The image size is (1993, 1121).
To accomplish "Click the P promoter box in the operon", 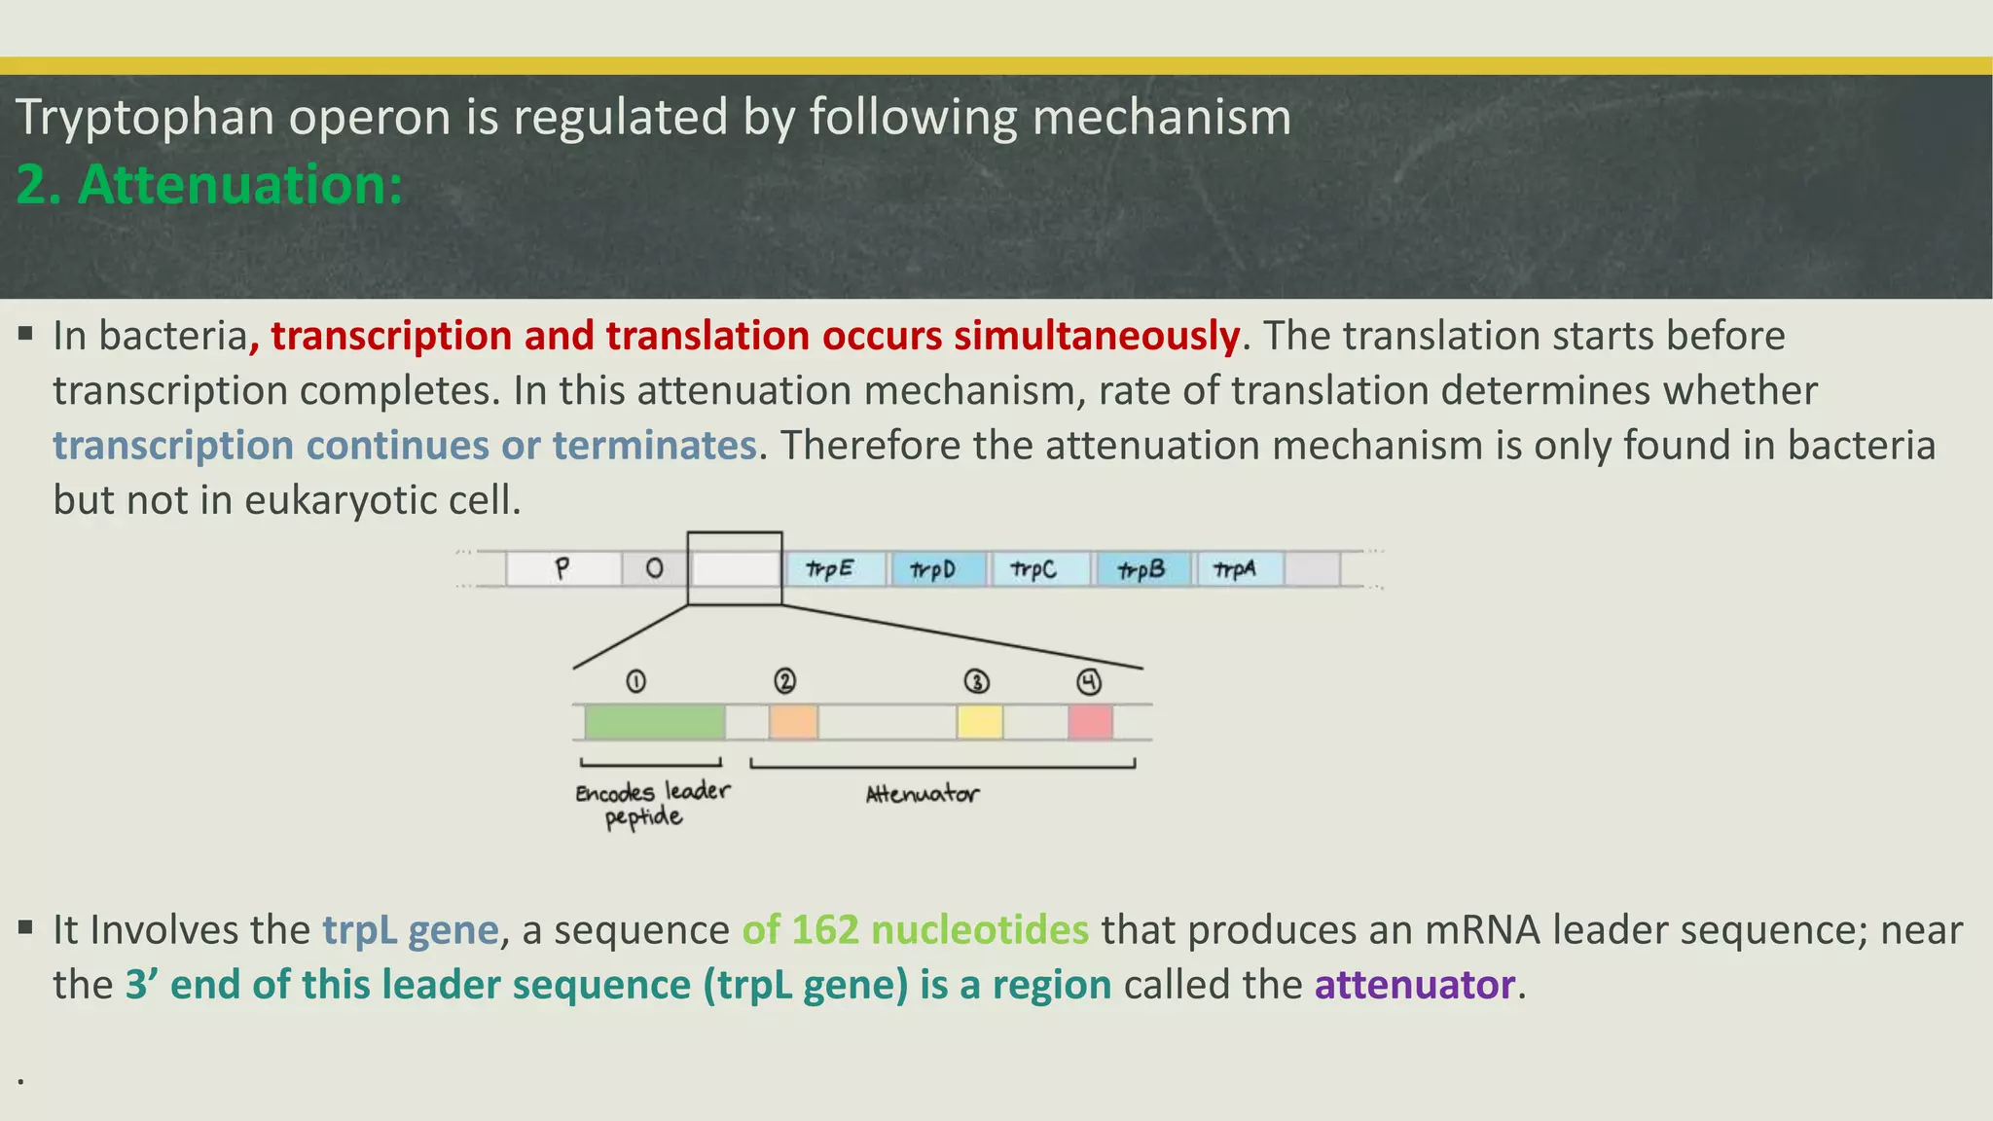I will click(x=563, y=568).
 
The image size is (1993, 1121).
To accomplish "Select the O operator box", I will click(x=654, y=568).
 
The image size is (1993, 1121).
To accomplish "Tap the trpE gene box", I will click(x=835, y=568).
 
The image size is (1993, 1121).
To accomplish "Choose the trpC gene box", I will click(x=1039, y=568).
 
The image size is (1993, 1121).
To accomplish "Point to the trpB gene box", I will click(x=1143, y=568).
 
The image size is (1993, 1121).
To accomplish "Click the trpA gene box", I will click(x=1239, y=568).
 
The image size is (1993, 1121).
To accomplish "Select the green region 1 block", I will click(x=654, y=722).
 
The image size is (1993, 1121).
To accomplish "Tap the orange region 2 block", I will click(x=793, y=722).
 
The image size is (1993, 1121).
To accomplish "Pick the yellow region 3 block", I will click(x=979, y=722).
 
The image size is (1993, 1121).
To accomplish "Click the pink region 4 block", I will click(x=1090, y=722).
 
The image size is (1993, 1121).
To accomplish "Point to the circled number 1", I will click(x=635, y=681).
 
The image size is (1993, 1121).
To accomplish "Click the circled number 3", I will click(x=976, y=681).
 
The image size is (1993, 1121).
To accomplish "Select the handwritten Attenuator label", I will click(x=923, y=794).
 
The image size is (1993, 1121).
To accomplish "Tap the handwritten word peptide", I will click(x=643, y=816).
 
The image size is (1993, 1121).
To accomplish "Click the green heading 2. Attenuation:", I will click(x=209, y=184).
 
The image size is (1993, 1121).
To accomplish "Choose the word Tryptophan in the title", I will click(x=145, y=117).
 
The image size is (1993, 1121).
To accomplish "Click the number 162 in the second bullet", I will click(x=825, y=929).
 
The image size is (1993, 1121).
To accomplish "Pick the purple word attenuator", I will click(x=1414, y=984).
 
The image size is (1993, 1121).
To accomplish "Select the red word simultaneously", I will click(x=1096, y=335).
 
